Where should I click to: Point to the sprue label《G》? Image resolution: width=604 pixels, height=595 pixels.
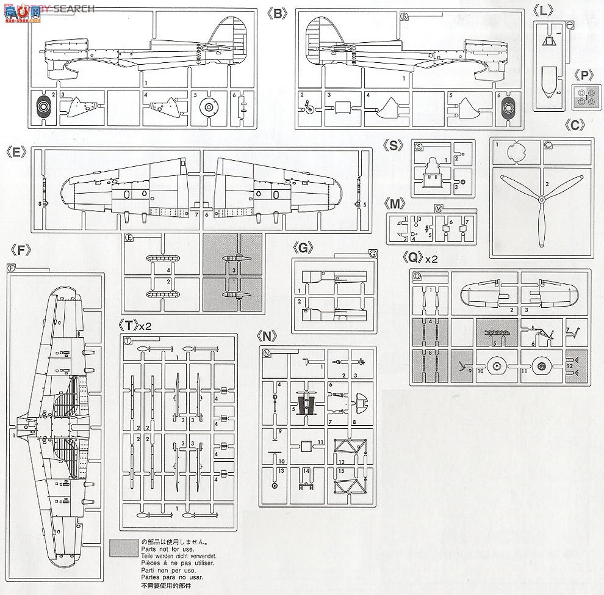(x=303, y=247)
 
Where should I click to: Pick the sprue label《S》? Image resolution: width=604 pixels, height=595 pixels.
(x=393, y=145)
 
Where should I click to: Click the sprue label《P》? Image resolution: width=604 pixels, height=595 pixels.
(x=584, y=75)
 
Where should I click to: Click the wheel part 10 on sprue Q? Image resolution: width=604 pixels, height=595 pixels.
(x=498, y=367)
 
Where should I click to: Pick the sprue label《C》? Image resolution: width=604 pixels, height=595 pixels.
(x=575, y=125)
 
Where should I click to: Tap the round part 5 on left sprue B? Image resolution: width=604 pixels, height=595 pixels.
(x=209, y=108)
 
